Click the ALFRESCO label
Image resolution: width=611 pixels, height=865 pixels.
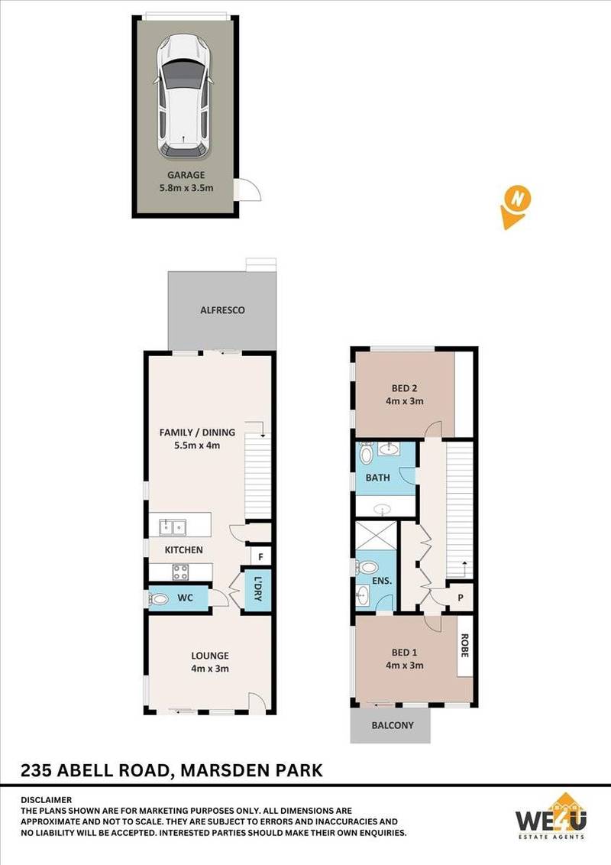(221, 311)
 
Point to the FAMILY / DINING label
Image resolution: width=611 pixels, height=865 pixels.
(197, 432)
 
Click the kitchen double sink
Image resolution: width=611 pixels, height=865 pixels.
(172, 526)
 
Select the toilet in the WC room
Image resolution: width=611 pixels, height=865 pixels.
(160, 598)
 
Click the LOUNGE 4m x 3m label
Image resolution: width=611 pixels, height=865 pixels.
(209, 662)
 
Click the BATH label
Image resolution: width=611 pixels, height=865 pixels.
(377, 478)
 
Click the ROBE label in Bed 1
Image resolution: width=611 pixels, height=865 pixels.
(464, 648)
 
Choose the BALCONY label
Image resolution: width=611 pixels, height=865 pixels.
(392, 725)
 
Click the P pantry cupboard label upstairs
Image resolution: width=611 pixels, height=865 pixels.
(461, 597)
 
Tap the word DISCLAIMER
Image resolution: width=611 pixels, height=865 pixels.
(47, 799)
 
